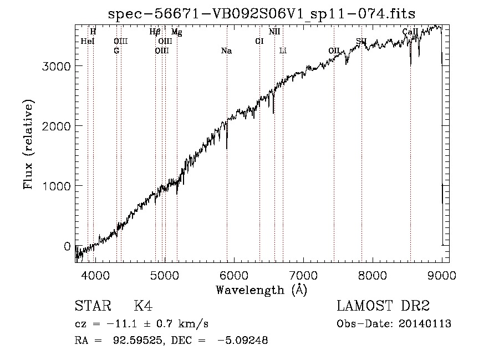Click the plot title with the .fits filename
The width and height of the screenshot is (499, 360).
[262, 14]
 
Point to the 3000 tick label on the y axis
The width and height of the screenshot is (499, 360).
[56, 67]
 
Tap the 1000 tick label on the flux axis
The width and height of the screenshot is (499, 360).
[56, 186]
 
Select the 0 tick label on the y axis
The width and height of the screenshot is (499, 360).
[67, 246]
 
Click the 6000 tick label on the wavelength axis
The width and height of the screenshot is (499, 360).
[234, 275]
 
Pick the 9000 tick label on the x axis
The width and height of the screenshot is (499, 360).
[442, 275]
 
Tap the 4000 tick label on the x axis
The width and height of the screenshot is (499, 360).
[95, 275]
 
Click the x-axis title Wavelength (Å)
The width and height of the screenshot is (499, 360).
[262, 290]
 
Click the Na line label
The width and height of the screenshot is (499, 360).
[226, 51]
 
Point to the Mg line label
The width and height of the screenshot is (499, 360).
[177, 32]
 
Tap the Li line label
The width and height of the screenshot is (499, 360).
[283, 51]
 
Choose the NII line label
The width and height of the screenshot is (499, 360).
[274, 32]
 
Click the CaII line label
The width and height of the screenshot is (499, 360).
[410, 32]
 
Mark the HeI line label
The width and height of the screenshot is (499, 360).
[88, 42]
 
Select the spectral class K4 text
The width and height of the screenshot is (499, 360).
[143, 306]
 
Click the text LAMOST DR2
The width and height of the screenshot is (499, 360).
[383, 306]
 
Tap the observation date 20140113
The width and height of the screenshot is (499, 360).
[425, 324]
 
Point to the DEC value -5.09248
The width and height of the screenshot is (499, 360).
[243, 340]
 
